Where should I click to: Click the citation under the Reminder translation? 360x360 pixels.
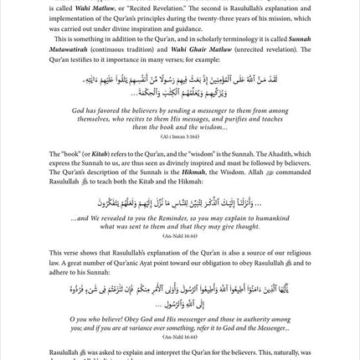(180, 238)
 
